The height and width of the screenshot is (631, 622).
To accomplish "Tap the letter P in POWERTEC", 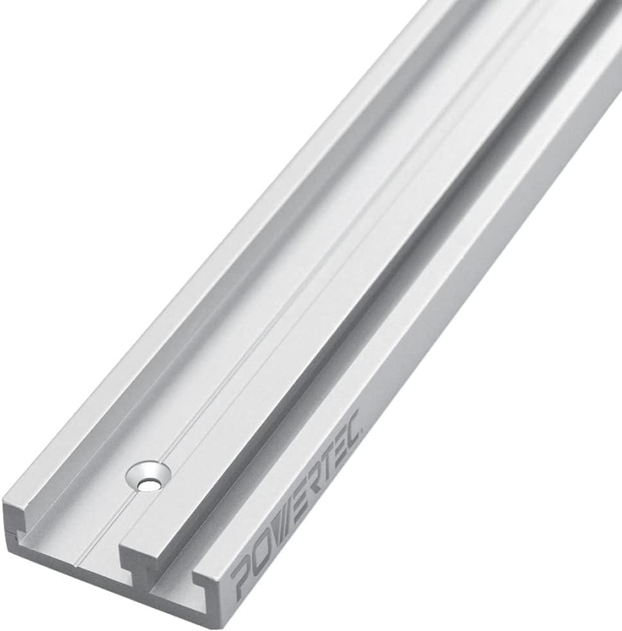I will pos(242,577).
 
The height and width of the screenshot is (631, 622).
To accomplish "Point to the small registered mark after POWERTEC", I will pos(363,428).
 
